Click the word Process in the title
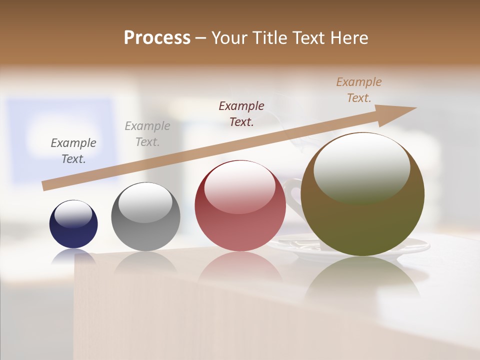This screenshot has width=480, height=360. [157, 37]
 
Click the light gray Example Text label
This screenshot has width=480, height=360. [147, 134]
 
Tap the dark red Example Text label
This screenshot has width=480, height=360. [241, 113]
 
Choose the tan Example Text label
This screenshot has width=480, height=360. [359, 90]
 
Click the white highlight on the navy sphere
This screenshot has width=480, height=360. [73, 213]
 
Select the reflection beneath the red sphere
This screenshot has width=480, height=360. [240, 267]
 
